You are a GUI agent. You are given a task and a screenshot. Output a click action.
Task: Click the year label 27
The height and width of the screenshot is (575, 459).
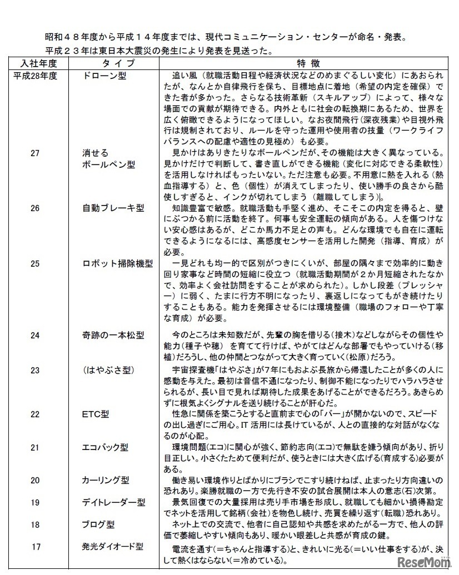pyautogui.click(x=36, y=153)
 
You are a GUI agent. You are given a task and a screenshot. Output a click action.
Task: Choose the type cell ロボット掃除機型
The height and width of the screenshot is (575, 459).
pyautogui.click(x=117, y=263)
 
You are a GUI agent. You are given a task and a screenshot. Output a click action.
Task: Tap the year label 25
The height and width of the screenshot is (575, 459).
pyautogui.click(x=36, y=263)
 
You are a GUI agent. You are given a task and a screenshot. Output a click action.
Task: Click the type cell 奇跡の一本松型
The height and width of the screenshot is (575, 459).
pyautogui.click(x=113, y=335)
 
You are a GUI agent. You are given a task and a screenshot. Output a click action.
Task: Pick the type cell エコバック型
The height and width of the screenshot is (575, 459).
pyautogui.click(x=106, y=446)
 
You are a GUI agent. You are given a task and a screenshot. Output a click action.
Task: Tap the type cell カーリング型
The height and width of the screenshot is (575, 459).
pyautogui.click(x=106, y=478)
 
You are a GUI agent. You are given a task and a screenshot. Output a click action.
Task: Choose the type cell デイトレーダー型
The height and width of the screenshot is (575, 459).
pyautogui.click(x=113, y=502)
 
